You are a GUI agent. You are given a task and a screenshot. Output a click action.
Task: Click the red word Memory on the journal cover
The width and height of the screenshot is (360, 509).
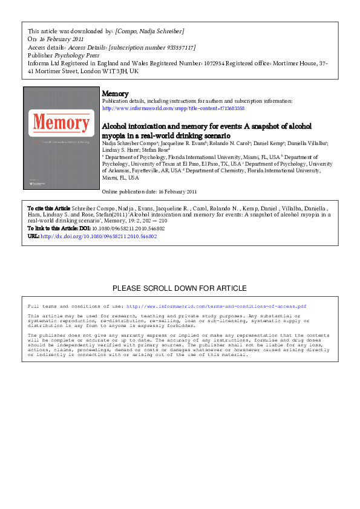point(60,122)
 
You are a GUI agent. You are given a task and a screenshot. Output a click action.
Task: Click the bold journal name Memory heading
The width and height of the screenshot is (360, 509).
point(115,94)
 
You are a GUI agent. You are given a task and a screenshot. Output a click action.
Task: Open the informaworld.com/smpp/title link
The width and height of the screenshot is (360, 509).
point(165,108)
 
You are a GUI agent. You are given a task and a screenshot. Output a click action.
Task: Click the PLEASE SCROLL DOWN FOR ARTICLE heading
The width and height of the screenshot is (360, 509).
point(180,288)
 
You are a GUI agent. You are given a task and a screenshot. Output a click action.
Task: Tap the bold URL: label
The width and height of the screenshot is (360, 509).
point(33,236)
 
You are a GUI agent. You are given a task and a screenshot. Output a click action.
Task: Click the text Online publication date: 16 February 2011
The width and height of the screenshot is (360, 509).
point(149,192)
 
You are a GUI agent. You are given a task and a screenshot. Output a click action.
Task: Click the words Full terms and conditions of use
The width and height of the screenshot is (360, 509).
point(76,306)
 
